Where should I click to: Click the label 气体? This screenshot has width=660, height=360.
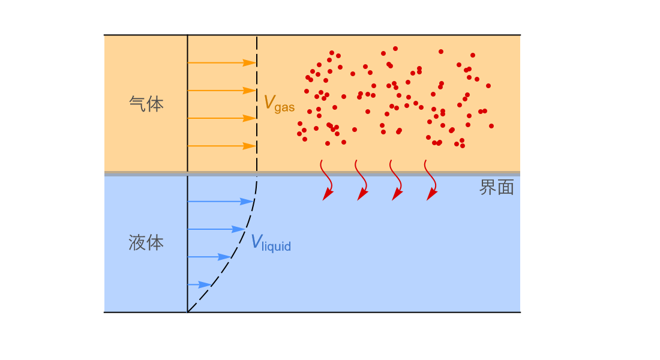point(146,104)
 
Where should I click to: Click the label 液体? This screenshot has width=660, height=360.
point(146,243)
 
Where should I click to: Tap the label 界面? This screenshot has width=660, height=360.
point(497,187)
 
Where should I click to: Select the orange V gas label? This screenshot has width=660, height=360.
point(279,103)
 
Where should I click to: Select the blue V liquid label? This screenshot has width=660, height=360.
point(271,243)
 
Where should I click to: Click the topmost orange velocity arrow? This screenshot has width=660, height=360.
point(222,63)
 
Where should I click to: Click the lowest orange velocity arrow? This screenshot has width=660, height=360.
point(222,146)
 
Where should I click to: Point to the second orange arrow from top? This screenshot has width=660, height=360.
point(222,91)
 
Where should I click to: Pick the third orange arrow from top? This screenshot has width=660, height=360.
point(222,118)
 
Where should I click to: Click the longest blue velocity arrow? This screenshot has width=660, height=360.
point(221,202)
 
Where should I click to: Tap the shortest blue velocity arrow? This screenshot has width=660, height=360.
point(200,285)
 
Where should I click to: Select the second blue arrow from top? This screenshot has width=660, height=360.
point(217,229)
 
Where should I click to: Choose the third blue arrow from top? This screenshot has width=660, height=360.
point(209,257)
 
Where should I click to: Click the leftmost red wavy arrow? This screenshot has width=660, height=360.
point(328,180)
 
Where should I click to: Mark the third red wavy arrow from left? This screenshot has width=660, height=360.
point(397,180)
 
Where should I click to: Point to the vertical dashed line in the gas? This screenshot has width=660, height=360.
point(257,104)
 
